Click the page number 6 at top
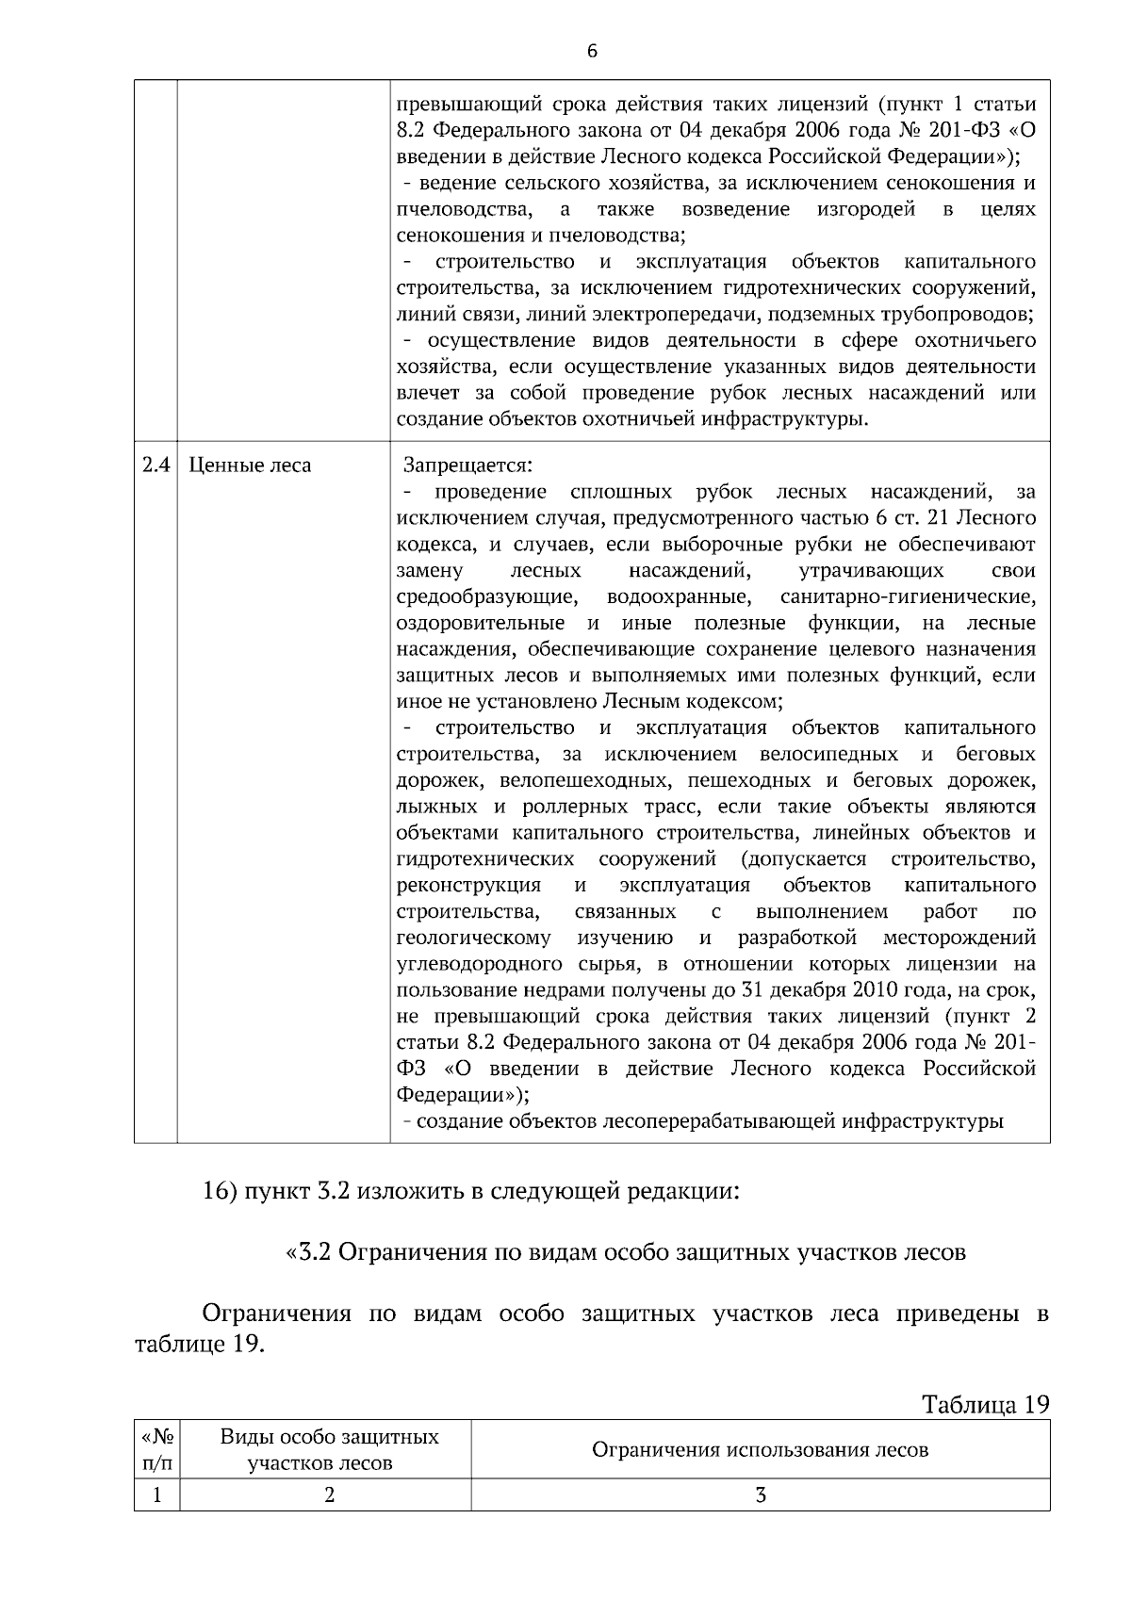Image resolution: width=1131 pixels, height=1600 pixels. (592, 52)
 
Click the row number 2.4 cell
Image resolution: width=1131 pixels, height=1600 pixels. (156, 465)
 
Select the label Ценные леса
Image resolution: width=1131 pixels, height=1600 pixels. (251, 465)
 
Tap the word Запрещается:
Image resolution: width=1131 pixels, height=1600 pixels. (467, 465)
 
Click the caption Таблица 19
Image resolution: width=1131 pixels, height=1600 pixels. (984, 1405)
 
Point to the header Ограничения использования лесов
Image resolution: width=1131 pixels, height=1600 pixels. (760, 1450)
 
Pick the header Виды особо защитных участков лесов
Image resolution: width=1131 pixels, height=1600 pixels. (329, 1450)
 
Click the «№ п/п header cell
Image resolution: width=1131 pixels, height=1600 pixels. (156, 1450)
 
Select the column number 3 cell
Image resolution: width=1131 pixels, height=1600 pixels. (760, 1495)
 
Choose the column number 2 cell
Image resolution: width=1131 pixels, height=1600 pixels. (329, 1495)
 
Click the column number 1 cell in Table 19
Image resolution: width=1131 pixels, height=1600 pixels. (156, 1495)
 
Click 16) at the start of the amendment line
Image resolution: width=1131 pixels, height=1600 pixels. (221, 1191)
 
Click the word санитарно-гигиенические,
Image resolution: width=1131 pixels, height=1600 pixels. (908, 597)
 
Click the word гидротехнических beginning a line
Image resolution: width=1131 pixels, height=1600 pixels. (485, 859)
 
